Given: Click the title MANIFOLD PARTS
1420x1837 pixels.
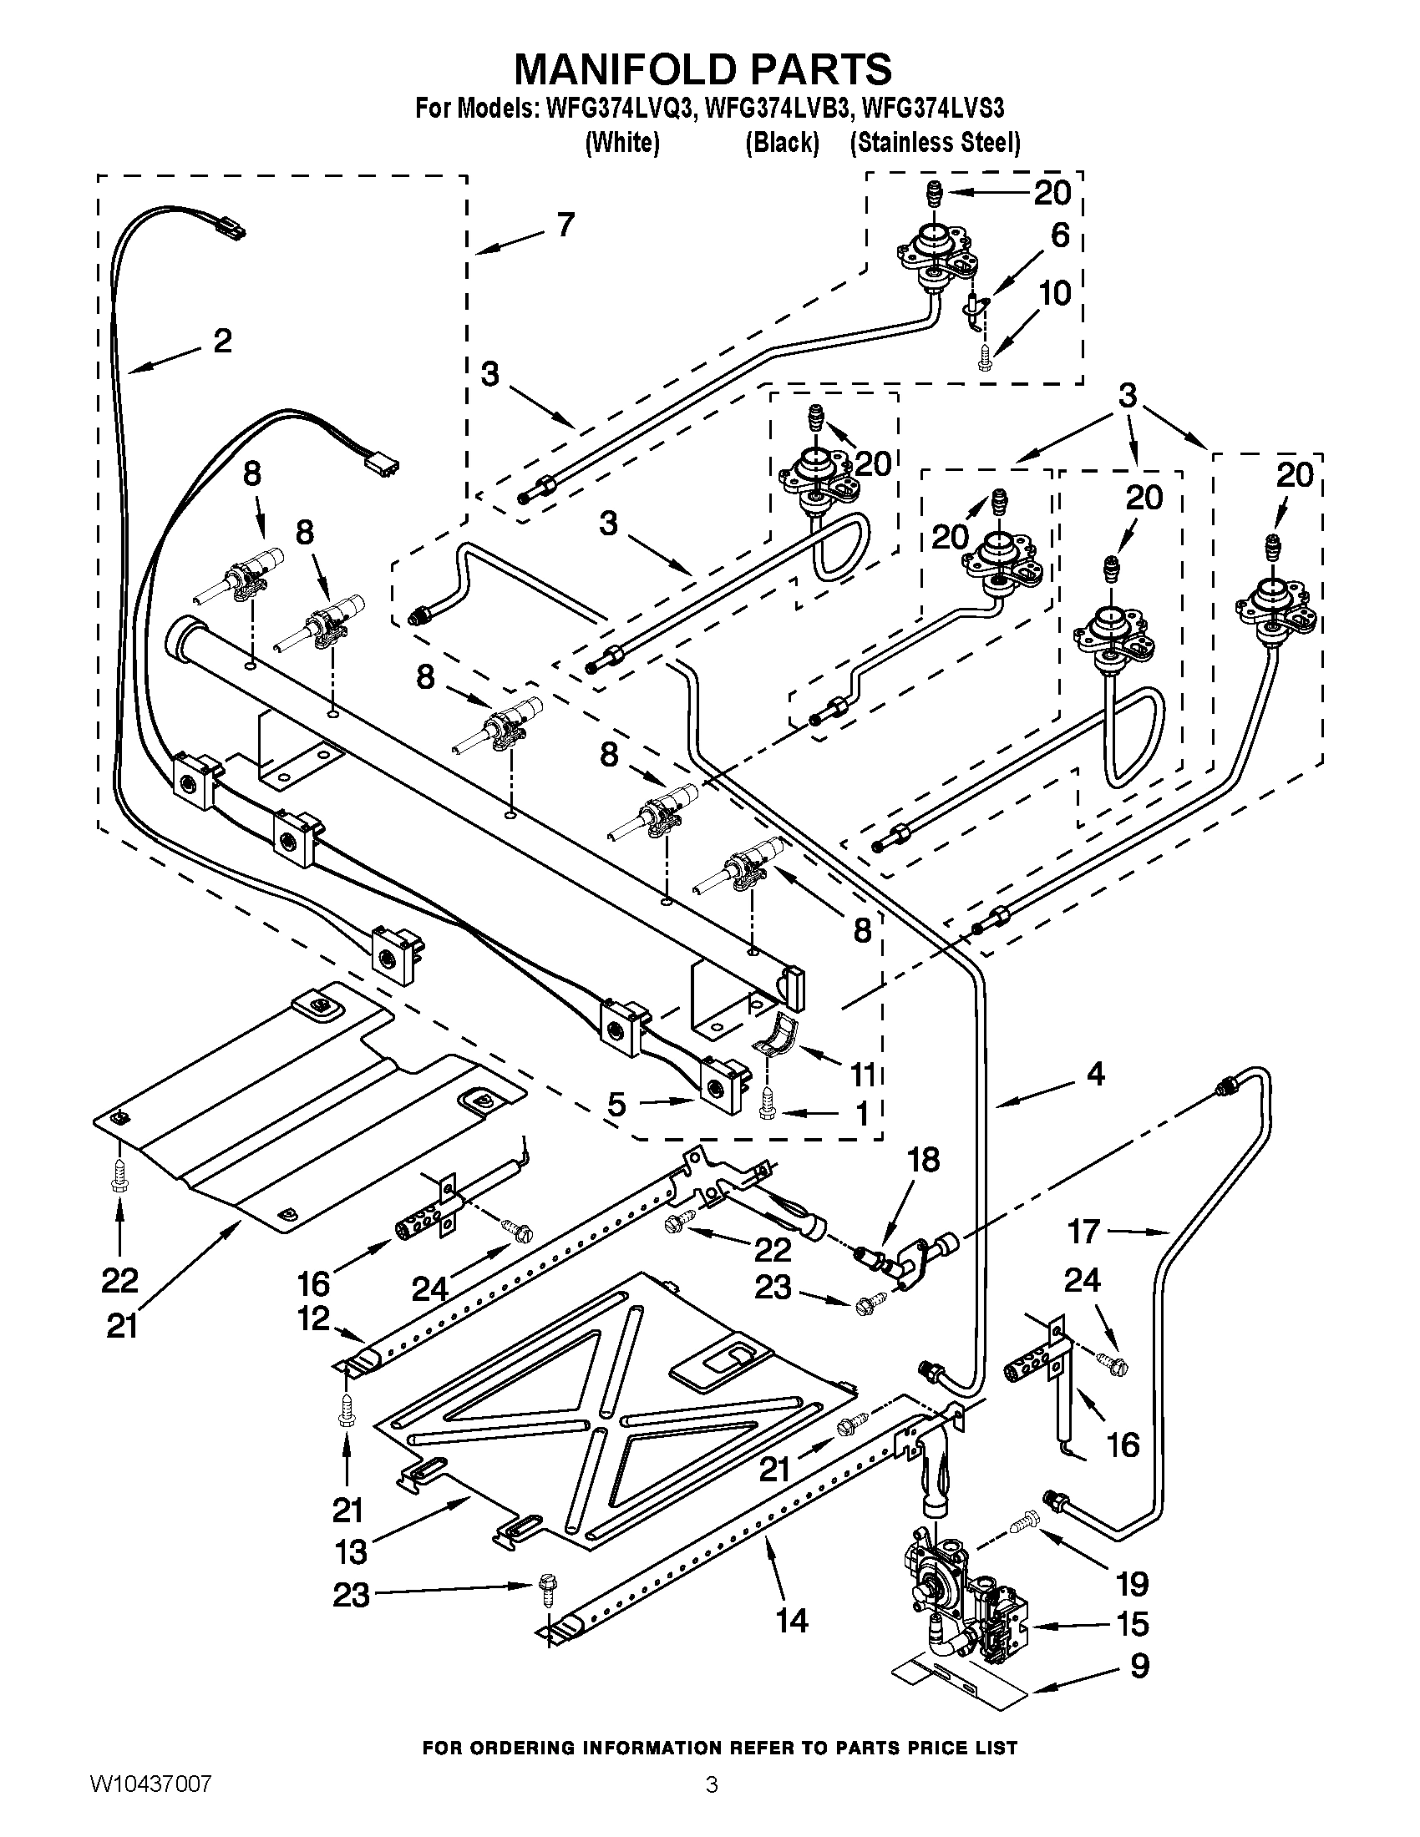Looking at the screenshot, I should (x=702, y=69).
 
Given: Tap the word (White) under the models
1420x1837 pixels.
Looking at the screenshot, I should (x=621, y=143).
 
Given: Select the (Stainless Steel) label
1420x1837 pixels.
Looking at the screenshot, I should (x=935, y=143).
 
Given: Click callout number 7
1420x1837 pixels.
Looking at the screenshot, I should (x=565, y=225).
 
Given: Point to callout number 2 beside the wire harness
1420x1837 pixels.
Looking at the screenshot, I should (x=221, y=341).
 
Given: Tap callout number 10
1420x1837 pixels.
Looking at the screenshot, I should (x=1054, y=294).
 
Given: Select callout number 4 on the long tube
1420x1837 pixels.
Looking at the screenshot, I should (x=1095, y=1074).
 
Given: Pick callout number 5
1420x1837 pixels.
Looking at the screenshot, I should (x=616, y=1104).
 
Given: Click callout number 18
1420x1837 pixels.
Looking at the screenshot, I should (x=923, y=1161).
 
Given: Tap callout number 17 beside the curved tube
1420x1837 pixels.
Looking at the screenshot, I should (x=1084, y=1232).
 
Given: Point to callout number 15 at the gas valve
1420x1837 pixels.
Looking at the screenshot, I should (x=1133, y=1624).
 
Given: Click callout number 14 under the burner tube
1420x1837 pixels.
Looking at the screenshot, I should (x=792, y=1620).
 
